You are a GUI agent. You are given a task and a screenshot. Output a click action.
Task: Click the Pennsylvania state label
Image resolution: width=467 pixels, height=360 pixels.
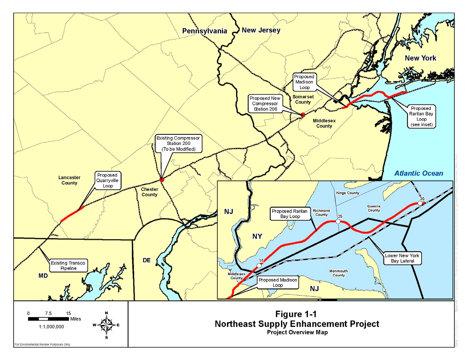tap(204, 31)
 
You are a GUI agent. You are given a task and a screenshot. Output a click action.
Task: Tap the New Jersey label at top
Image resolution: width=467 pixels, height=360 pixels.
tap(261, 30)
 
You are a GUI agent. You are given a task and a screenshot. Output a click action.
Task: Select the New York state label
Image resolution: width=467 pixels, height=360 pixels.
tap(420, 58)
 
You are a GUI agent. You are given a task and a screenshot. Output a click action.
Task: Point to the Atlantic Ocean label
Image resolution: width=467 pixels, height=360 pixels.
tap(418, 173)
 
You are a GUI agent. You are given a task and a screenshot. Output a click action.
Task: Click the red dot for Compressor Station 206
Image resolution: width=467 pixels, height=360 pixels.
tap(303, 115)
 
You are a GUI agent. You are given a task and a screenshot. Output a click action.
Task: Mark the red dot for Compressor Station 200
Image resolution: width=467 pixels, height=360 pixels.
tap(162, 180)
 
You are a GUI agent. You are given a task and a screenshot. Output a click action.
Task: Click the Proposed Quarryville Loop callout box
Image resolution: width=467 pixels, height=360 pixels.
tap(108, 180)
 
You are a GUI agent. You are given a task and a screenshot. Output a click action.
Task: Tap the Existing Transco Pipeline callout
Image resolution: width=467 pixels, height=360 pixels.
tap(68, 266)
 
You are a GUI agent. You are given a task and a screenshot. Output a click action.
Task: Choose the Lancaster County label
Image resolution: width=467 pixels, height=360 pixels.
tap(69, 180)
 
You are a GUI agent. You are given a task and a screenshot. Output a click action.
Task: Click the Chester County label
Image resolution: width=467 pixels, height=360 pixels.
tap(149, 192)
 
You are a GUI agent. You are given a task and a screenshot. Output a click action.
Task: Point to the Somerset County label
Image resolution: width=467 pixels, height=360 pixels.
tap(303, 99)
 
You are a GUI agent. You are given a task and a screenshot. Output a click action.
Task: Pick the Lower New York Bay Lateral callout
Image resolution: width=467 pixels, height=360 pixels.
tap(402, 258)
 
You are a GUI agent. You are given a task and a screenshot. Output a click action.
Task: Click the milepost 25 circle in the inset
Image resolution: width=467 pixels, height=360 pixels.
tap(338, 221)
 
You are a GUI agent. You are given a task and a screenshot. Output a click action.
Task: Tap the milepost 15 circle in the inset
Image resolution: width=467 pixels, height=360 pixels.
tap(259, 266)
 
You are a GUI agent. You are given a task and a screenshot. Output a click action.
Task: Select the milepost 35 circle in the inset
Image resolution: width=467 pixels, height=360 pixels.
tap(420, 203)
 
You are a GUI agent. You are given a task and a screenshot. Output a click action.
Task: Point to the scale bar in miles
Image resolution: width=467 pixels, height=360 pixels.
tap(48, 319)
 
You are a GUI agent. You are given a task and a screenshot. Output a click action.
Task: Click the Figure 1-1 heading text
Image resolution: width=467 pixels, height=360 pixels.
tap(296, 314)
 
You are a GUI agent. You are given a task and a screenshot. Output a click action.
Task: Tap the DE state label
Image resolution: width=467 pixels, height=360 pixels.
tap(147, 260)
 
